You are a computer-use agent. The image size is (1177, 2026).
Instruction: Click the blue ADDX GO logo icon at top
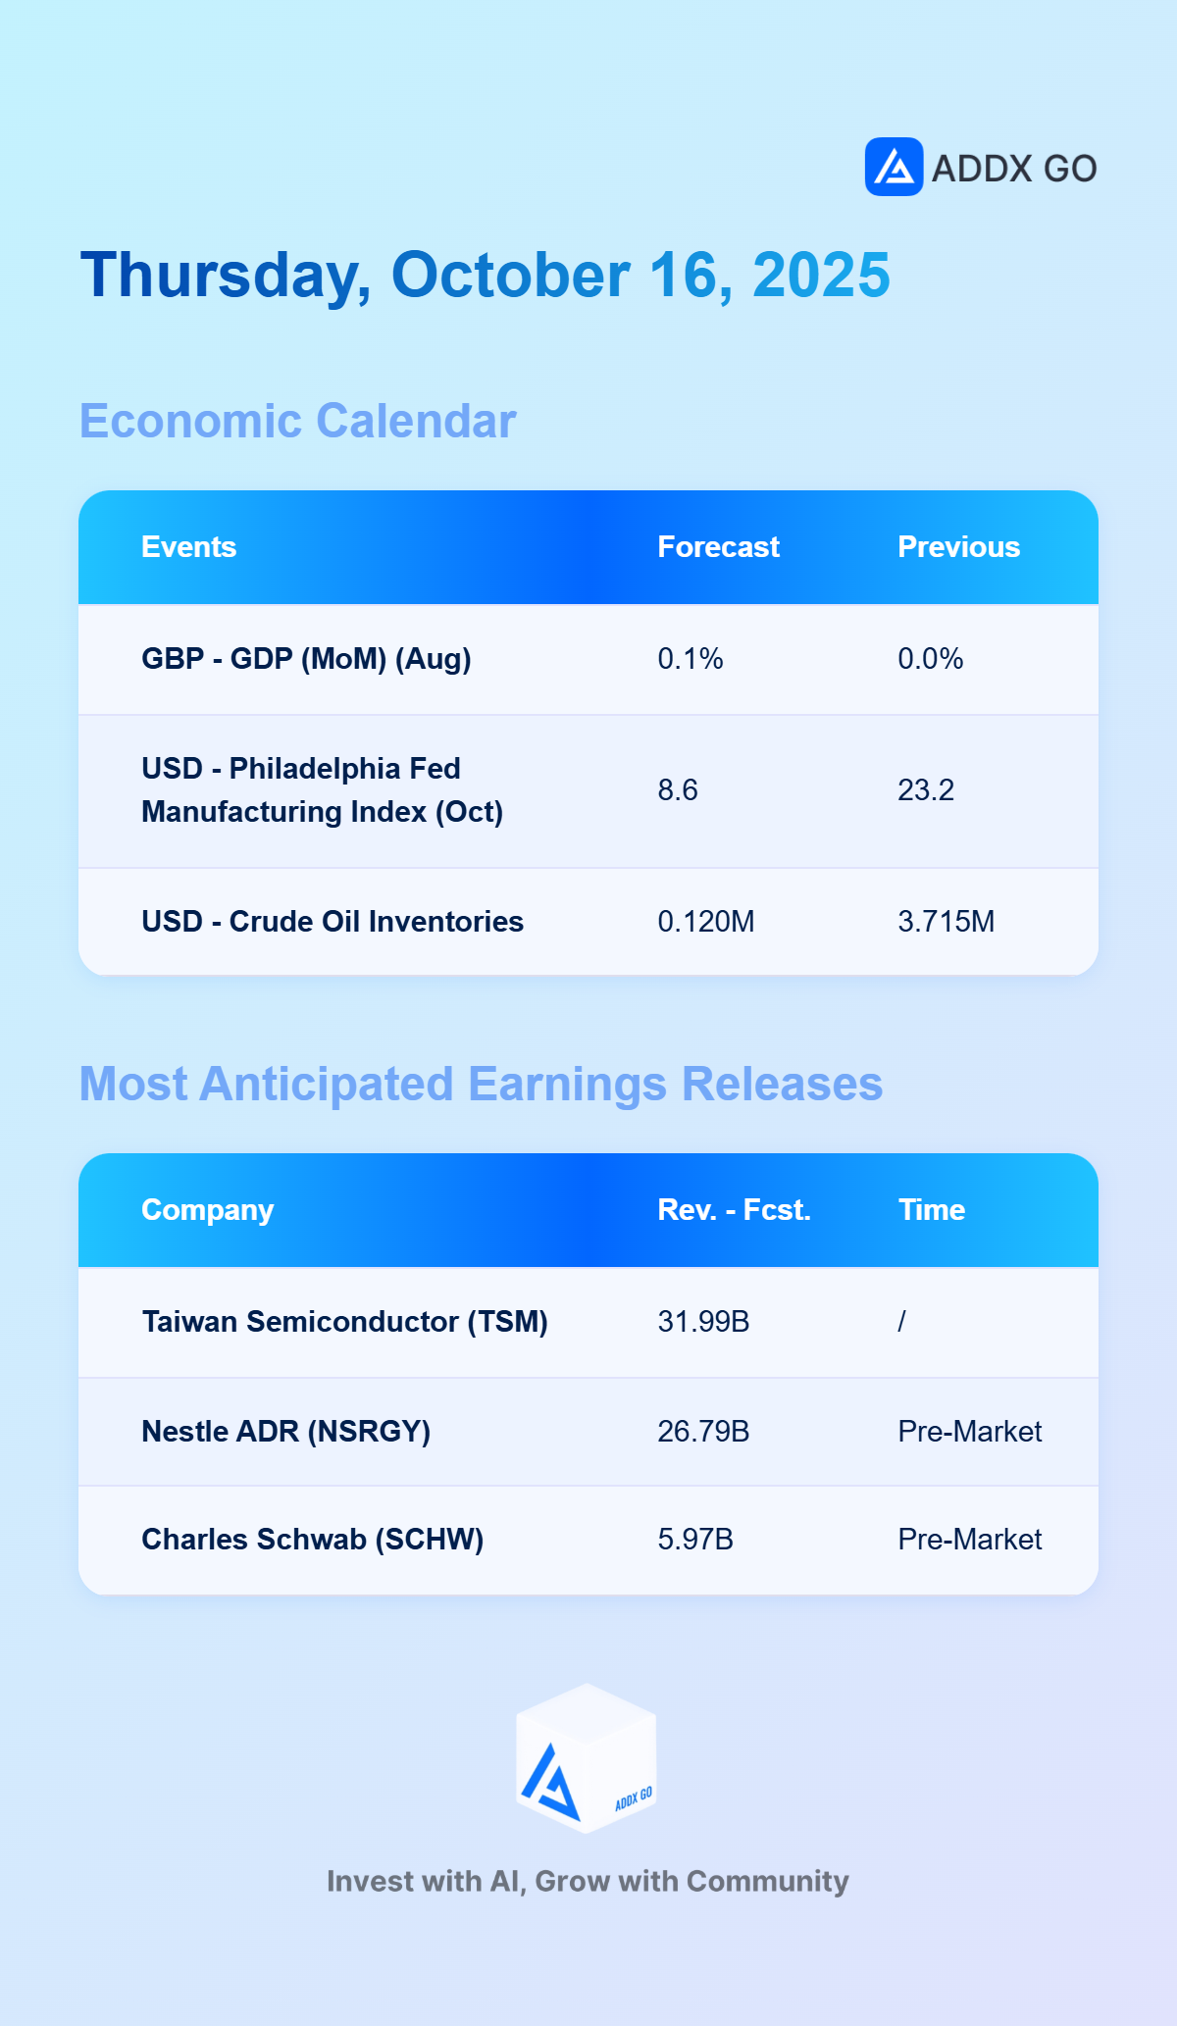pyautogui.click(x=894, y=167)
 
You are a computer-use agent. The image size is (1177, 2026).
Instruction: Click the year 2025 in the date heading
pyautogui.click(x=821, y=275)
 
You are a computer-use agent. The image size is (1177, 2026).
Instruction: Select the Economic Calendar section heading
pyautogui.click(x=297, y=421)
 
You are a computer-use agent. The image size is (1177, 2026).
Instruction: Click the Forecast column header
pyautogui.click(x=718, y=547)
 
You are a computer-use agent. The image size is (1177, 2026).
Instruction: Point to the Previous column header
pyautogui.click(x=958, y=547)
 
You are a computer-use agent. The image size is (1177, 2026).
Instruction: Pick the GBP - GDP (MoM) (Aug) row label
pyautogui.click(x=306, y=659)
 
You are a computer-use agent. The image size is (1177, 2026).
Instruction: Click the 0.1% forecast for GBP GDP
pyautogui.click(x=691, y=659)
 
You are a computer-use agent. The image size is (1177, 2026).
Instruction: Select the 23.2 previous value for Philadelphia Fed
pyautogui.click(x=926, y=790)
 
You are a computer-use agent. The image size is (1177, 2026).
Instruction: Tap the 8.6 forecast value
pyautogui.click(x=678, y=790)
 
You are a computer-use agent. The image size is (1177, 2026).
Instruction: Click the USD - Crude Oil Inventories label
pyautogui.click(x=333, y=922)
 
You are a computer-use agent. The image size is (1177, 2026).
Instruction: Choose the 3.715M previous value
pyautogui.click(x=947, y=922)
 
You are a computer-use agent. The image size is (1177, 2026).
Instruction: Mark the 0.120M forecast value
pyautogui.click(x=706, y=922)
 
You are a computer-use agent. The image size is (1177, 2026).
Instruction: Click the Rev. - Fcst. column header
pyautogui.click(x=734, y=1210)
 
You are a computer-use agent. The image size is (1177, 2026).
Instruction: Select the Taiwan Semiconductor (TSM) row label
pyautogui.click(x=344, y=1322)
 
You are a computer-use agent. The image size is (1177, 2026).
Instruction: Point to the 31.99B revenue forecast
pyautogui.click(x=703, y=1322)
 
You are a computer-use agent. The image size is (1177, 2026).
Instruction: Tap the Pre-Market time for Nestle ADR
pyautogui.click(x=970, y=1432)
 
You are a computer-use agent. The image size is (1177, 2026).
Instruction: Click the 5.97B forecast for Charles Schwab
pyautogui.click(x=695, y=1540)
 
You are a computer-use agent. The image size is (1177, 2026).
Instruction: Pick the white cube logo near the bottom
pyautogui.click(x=587, y=1758)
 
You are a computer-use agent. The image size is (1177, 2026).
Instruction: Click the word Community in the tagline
pyautogui.click(x=767, y=1882)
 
